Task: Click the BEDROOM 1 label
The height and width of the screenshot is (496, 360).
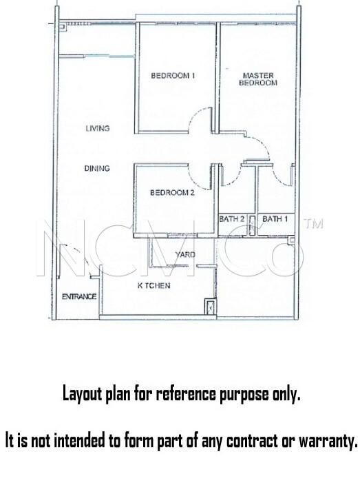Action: point(173,76)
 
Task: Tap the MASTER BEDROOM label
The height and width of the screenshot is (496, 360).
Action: point(258,79)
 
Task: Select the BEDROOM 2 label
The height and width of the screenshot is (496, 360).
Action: point(172,192)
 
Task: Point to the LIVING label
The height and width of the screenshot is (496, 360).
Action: point(98,128)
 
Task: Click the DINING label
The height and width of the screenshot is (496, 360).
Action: point(97,168)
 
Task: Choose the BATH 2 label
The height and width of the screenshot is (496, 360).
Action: point(232,218)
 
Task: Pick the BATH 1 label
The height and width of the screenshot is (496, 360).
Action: point(275,218)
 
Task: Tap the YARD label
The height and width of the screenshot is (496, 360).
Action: point(185,254)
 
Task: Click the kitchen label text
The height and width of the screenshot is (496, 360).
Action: point(153,285)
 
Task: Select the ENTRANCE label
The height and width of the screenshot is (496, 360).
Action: point(79,296)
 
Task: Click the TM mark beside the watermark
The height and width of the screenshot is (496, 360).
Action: point(313,223)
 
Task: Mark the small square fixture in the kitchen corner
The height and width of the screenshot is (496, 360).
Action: point(210,306)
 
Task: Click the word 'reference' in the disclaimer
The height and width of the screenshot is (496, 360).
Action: point(187,394)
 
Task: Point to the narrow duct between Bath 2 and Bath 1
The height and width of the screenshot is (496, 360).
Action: point(252,225)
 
